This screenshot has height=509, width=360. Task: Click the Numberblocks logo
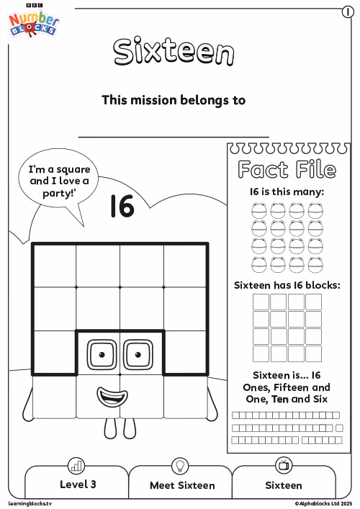[33, 22]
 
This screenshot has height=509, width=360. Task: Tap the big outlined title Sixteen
[174, 51]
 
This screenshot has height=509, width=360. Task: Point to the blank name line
[174, 137]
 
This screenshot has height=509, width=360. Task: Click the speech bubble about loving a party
[58, 181]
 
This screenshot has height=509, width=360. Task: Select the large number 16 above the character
[122, 206]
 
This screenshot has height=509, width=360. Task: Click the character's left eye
[102, 354]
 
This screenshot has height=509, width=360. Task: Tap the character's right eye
[138, 354]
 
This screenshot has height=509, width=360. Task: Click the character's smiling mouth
[112, 397]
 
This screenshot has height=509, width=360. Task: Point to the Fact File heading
[287, 169]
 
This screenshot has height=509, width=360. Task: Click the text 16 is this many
[287, 192]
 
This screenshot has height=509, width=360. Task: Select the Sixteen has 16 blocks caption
[287, 285]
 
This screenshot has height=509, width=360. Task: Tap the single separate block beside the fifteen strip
[339, 428]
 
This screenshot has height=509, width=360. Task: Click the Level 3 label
[78, 485]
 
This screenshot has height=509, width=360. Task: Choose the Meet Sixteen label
[182, 485]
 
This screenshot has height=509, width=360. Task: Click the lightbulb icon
[180, 466]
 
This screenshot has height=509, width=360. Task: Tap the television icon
[284, 465]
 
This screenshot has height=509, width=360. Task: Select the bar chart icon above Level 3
[76, 466]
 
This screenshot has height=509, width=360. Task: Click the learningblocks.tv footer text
[30, 503]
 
